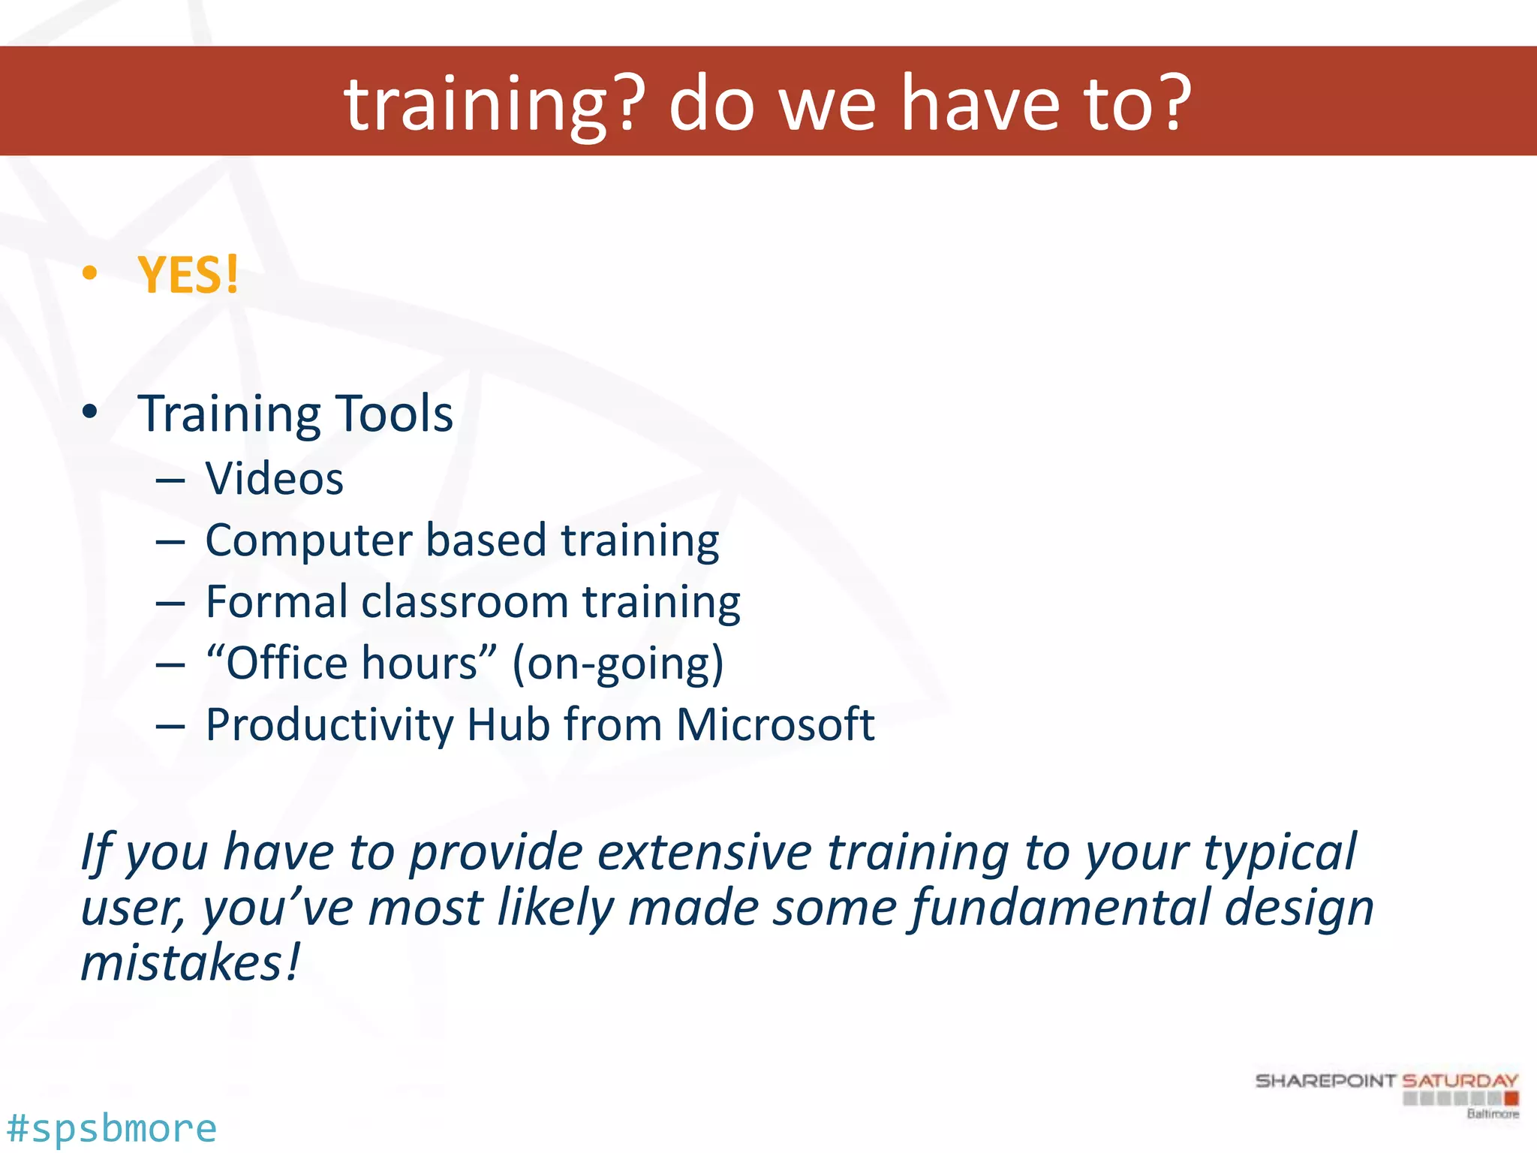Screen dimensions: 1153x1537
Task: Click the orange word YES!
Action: click(x=188, y=275)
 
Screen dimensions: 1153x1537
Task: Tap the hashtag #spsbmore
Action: click(x=111, y=1128)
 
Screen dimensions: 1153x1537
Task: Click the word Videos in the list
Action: click(x=275, y=479)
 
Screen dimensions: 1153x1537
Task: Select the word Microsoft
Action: click(x=775, y=724)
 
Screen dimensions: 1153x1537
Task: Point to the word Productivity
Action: click(x=329, y=726)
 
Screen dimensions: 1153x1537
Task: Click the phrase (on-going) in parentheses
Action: click(x=618, y=664)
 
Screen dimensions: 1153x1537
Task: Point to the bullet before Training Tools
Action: click(x=90, y=411)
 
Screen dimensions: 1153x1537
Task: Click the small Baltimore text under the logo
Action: click(x=1492, y=1114)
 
